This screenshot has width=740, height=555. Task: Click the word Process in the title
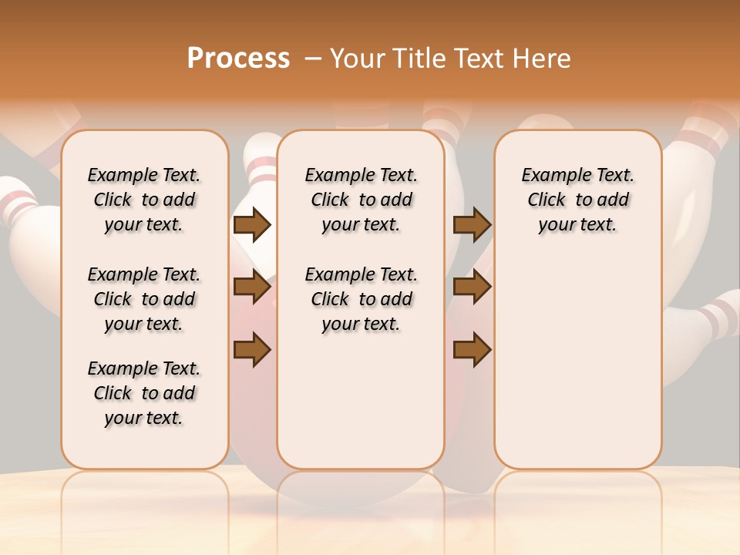pyautogui.click(x=238, y=59)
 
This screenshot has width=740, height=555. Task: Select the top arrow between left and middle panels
pyautogui.click(x=252, y=224)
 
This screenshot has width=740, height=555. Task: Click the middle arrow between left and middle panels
pyautogui.click(x=252, y=288)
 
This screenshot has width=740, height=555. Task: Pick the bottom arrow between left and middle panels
pyautogui.click(x=252, y=350)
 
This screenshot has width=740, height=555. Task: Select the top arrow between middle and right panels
pyautogui.click(x=472, y=224)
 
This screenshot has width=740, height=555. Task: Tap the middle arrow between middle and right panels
pyautogui.click(x=472, y=288)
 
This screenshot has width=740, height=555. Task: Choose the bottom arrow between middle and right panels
pyautogui.click(x=472, y=350)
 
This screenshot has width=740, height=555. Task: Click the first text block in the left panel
pyautogui.click(x=144, y=200)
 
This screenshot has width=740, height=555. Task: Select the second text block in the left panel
pyautogui.click(x=144, y=299)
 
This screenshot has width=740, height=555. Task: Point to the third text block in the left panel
pyautogui.click(x=144, y=393)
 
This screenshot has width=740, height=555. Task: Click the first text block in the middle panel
pyautogui.click(x=362, y=200)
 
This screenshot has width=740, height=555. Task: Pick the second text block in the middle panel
pyautogui.click(x=362, y=299)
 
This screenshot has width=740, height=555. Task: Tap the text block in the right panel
pyautogui.click(x=578, y=200)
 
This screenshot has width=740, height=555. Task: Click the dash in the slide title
pyautogui.click(x=313, y=59)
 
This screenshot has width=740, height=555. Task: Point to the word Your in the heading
pyautogui.click(x=357, y=59)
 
